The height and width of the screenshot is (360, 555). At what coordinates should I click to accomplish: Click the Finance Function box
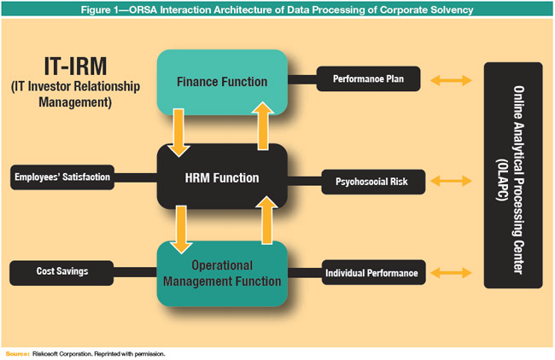(222, 82)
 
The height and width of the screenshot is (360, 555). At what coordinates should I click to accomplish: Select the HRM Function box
(222, 177)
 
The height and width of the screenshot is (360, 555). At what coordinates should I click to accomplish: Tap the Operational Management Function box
(222, 273)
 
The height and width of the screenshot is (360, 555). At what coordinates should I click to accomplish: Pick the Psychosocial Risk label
(370, 181)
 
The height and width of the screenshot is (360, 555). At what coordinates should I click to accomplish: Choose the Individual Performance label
(371, 273)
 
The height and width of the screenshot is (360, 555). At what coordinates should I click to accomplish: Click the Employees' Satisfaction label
(62, 177)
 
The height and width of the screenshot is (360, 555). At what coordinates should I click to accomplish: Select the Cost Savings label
(62, 273)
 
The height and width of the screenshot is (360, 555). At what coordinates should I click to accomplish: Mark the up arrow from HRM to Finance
(261, 128)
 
